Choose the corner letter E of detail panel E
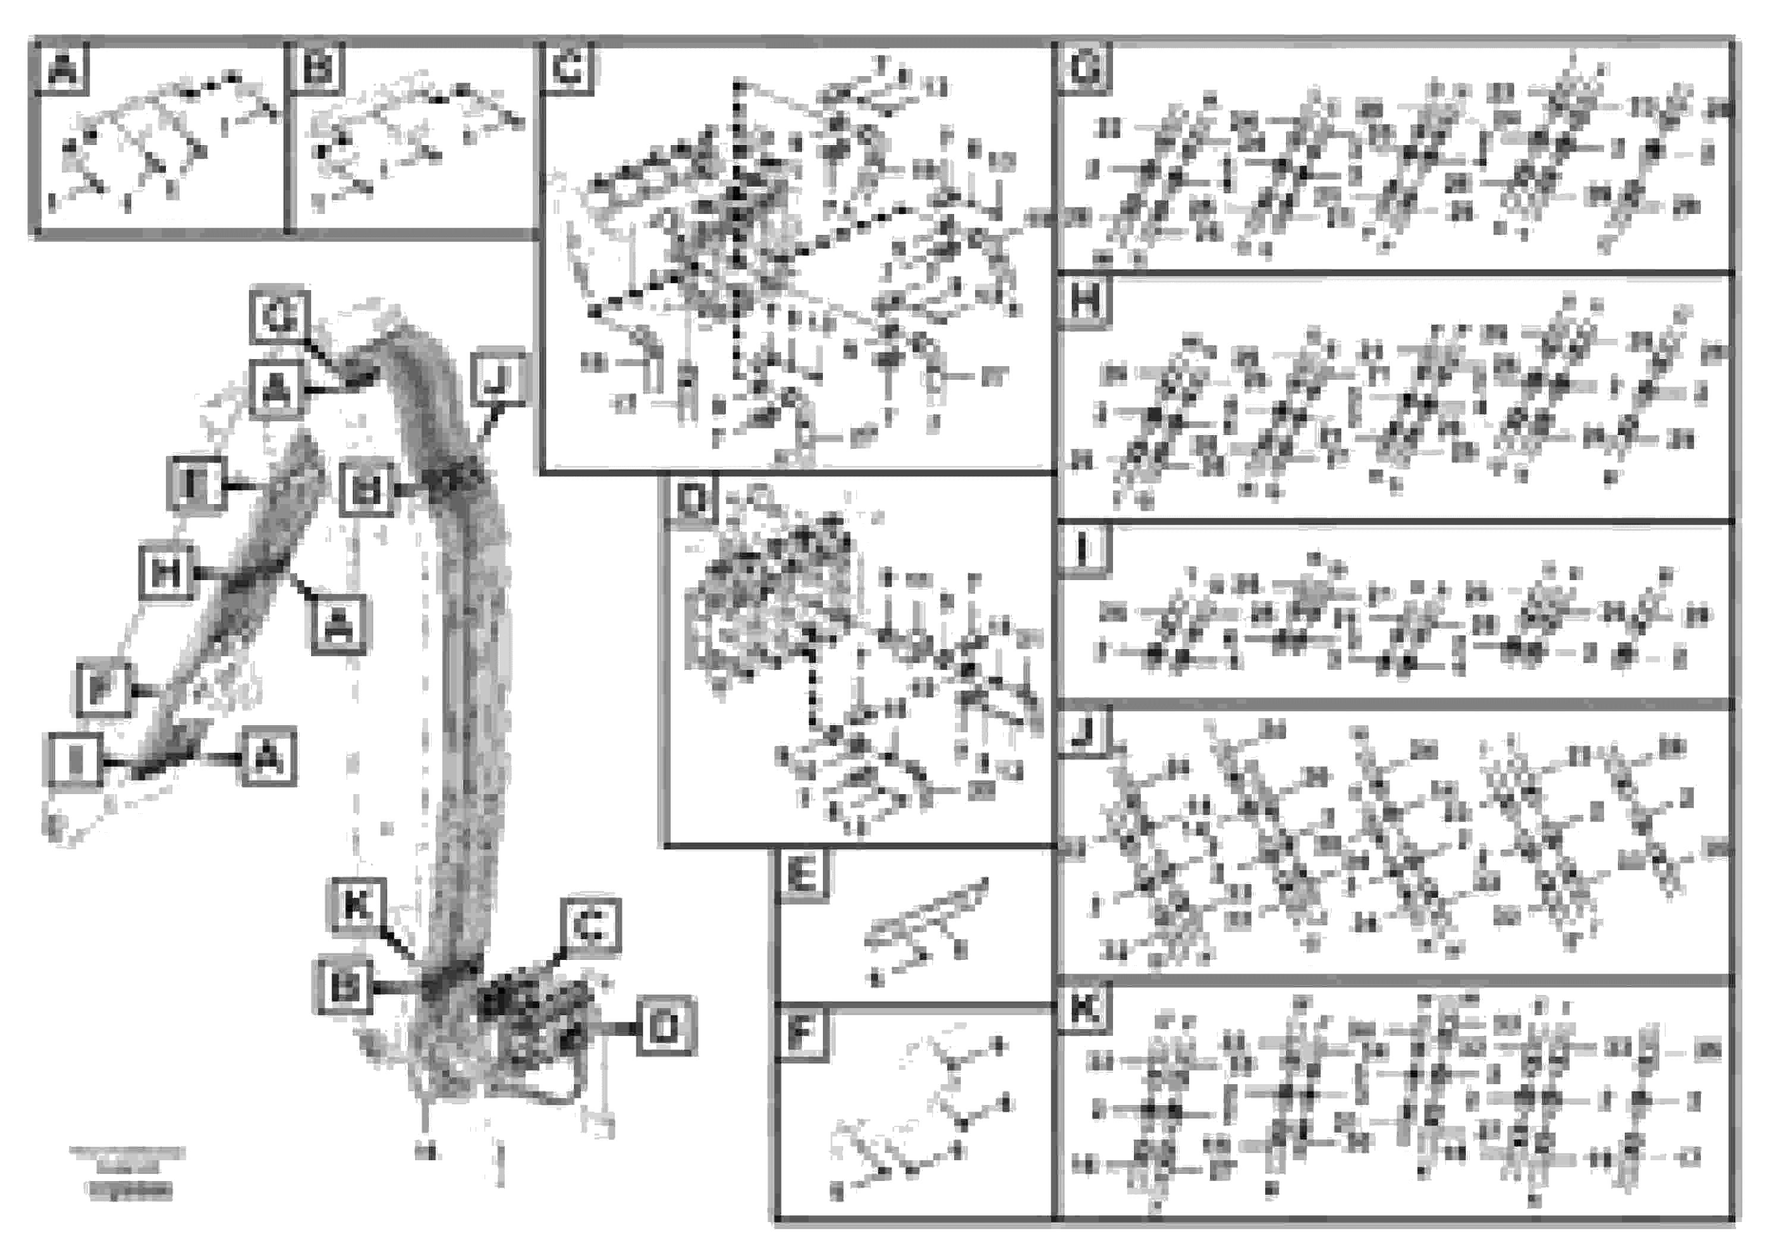tap(801, 876)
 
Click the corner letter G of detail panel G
tap(1084, 68)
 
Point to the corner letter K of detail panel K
tap(1084, 1008)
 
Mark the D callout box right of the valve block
tap(666, 1027)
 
